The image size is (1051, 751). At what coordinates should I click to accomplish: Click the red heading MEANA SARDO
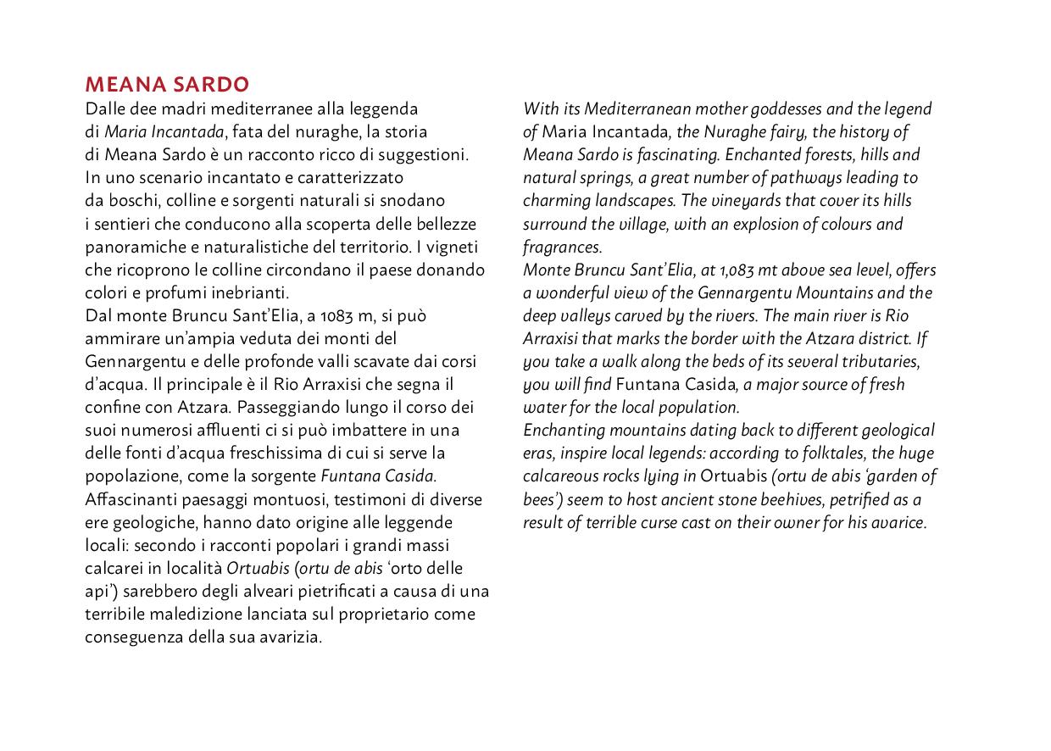click(167, 85)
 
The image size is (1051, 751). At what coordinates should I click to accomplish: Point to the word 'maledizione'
click(204, 615)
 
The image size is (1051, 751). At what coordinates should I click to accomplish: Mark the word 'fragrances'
click(561, 248)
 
